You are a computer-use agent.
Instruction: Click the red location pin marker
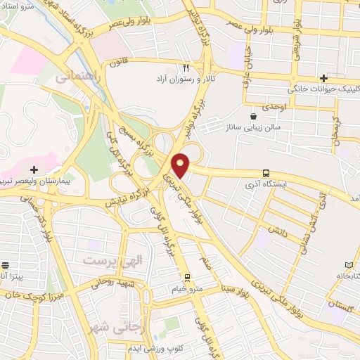(181, 166)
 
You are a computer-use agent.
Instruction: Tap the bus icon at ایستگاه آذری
(265, 173)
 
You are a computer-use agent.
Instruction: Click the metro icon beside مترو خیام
(187, 276)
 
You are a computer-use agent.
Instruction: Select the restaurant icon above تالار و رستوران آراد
(186, 68)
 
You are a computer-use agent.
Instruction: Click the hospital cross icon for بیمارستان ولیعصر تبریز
(34, 169)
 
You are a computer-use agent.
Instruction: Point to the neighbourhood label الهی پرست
(113, 260)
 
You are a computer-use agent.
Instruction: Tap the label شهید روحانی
(125, 283)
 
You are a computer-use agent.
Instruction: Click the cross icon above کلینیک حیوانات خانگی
(323, 78)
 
